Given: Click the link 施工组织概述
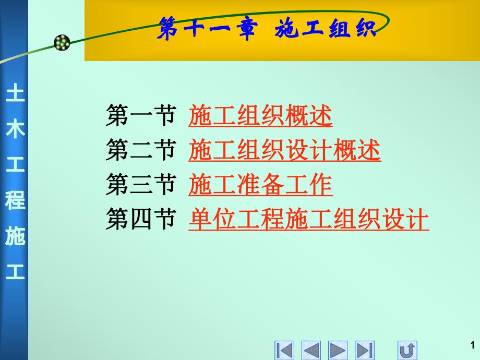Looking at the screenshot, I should coord(260,116).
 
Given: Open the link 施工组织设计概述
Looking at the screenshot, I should coord(284,151).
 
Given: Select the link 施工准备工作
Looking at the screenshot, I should coord(260,185).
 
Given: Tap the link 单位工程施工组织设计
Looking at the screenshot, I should coord(308,220).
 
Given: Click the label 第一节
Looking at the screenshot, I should coord(140,116).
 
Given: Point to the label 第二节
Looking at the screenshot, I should coord(140,151).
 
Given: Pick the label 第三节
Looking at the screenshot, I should coord(140,185).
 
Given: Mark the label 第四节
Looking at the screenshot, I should coord(140,220).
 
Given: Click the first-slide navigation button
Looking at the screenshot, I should coord(284,350).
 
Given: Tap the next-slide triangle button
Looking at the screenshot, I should coord(338,350).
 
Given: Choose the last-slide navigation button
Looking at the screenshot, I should coord(365,350).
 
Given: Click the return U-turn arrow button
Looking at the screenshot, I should coord(407,350).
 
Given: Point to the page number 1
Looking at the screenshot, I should coord(472,344).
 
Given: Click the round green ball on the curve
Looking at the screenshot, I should coord(62,43).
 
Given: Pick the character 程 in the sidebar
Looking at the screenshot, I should coord(15,201).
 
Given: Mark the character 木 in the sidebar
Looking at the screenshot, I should coord(15,130).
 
